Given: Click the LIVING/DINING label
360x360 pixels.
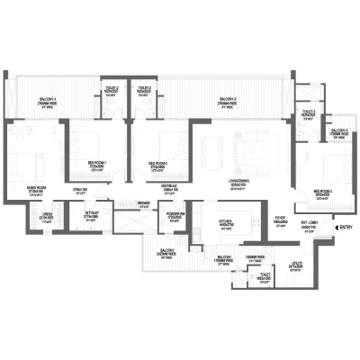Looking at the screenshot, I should tap(238, 184).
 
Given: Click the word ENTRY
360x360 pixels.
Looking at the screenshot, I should tap(346, 228).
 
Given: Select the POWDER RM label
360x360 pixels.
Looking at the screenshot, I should tap(175, 214).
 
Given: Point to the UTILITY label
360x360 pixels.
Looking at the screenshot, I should tap(294, 265).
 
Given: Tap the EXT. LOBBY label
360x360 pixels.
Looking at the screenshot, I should tap(307, 225).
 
